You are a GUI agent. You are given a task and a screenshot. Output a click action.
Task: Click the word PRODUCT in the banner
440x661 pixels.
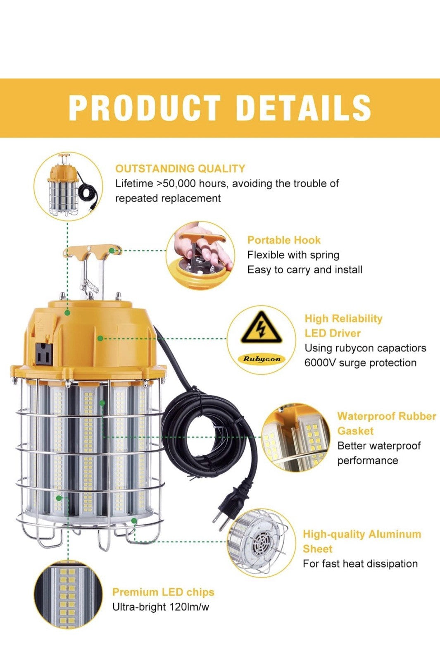point(145,107)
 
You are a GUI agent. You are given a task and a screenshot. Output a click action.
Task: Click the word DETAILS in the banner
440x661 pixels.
point(304,107)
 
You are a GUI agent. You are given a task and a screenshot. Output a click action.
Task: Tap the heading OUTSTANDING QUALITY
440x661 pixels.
point(180,169)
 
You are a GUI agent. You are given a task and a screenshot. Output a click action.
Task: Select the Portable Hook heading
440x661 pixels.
point(284,240)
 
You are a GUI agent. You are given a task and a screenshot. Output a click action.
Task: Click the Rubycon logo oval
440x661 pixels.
point(262,359)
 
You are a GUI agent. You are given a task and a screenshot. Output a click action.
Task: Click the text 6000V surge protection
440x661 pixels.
point(360,363)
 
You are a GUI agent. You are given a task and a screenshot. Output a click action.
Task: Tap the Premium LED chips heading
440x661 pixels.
point(163,592)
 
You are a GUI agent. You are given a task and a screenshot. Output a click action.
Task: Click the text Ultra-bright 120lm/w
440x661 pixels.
point(161,607)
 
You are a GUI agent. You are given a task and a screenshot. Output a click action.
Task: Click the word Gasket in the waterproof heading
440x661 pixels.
point(355,431)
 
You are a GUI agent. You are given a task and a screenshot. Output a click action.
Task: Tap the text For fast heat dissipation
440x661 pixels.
point(360,563)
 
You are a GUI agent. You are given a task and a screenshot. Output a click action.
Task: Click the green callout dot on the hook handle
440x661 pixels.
point(112,251)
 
